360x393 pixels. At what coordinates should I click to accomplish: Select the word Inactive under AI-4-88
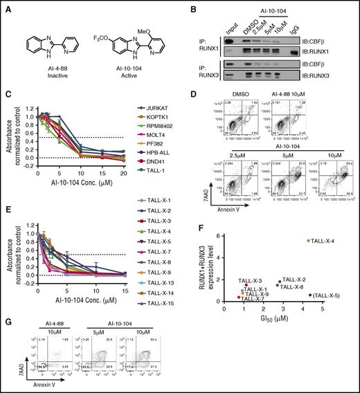click(51, 74)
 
